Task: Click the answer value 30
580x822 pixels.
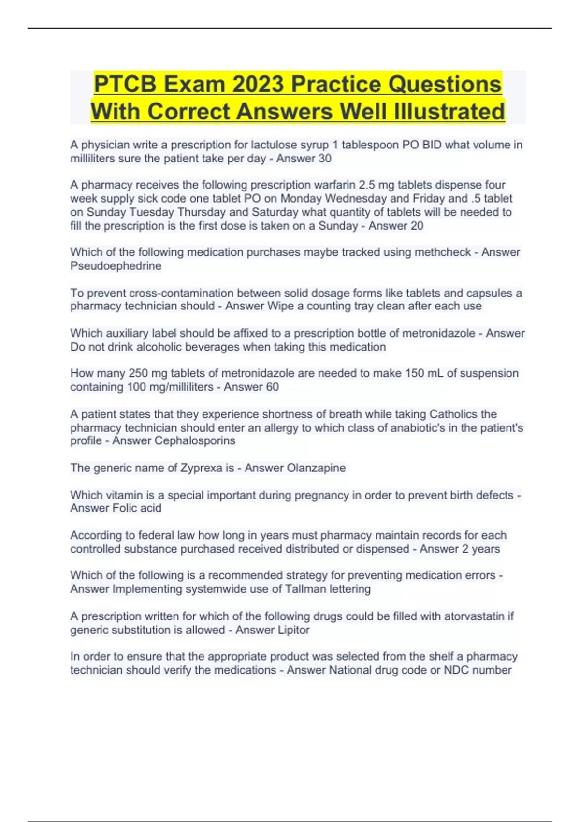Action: click(325, 159)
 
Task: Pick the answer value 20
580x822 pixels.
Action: click(417, 226)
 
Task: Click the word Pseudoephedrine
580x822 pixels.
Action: click(116, 266)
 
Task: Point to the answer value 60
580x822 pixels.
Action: click(272, 387)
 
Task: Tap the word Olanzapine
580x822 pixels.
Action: click(316, 468)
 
